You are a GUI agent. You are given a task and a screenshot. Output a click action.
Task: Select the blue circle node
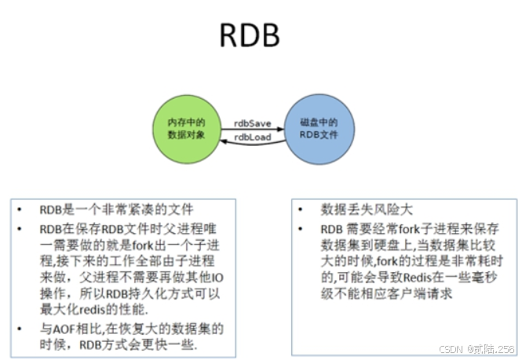click(316, 129)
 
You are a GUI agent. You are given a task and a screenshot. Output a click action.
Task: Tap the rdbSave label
click(252, 123)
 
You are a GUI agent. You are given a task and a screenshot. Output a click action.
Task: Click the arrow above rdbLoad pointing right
click(251, 129)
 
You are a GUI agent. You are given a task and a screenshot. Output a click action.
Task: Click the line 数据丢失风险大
click(366, 209)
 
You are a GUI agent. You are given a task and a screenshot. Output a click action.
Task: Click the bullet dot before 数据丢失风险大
click(303, 209)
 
